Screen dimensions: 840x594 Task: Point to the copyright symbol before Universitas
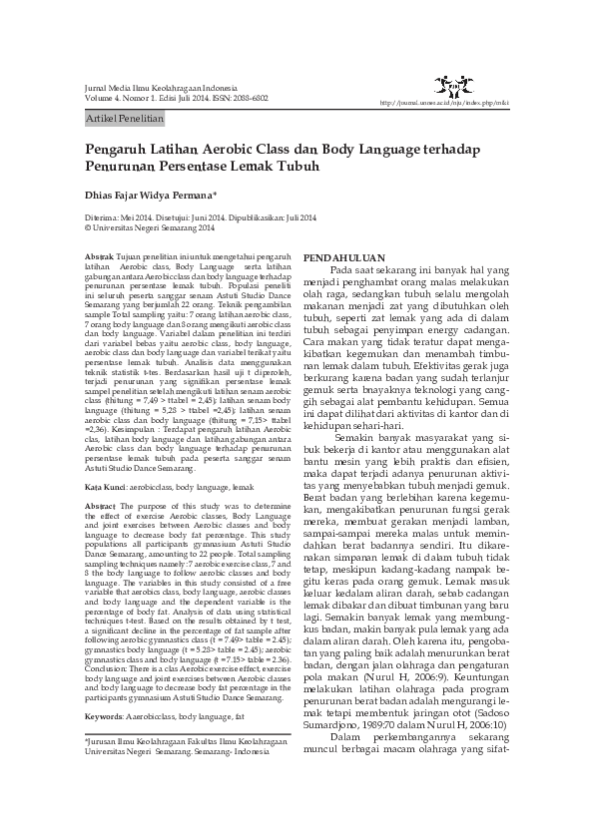pyautogui.click(x=88, y=227)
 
